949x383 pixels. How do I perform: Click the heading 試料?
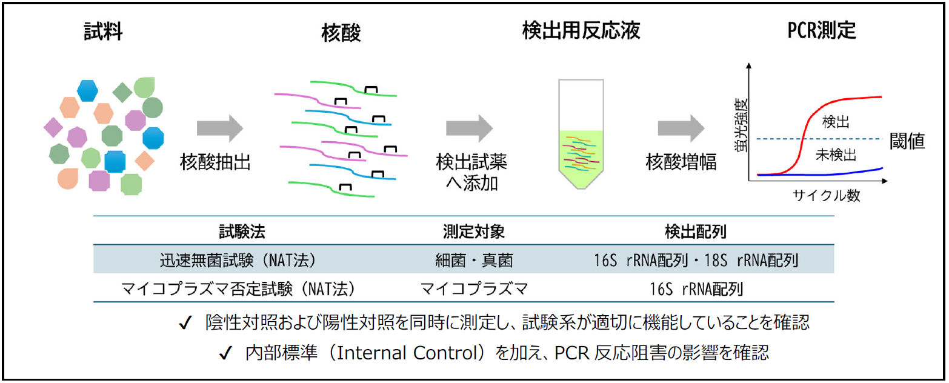pyautogui.click(x=104, y=32)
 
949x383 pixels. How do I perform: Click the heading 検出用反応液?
pyautogui.click(x=581, y=30)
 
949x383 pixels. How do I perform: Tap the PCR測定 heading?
pyautogui.click(x=822, y=30)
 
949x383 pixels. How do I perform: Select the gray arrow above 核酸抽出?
pyautogui.click(x=220, y=128)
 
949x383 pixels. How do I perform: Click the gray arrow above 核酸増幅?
pyautogui.click(x=681, y=128)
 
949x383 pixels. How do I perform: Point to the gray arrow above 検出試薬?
pyautogui.click(x=470, y=128)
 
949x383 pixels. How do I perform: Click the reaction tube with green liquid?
pyautogui.click(x=581, y=134)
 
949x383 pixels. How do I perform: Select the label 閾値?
pyautogui.click(x=907, y=141)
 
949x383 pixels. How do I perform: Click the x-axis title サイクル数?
pyautogui.click(x=826, y=195)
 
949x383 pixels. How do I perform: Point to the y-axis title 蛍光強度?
pyautogui.click(x=741, y=125)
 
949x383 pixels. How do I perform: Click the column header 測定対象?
pyautogui.click(x=474, y=231)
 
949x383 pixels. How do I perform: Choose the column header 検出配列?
pyautogui.click(x=696, y=231)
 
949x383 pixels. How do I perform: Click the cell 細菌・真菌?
pyautogui.click(x=474, y=260)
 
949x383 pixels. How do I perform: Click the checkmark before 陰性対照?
pyautogui.click(x=185, y=323)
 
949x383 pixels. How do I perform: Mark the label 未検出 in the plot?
pyautogui.click(x=836, y=155)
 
